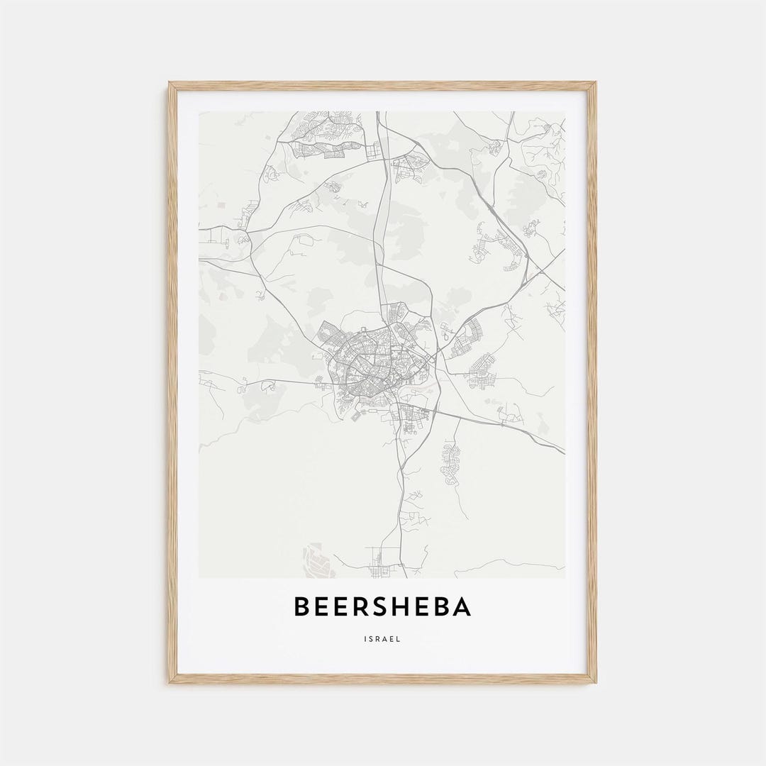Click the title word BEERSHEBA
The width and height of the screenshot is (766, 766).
382,607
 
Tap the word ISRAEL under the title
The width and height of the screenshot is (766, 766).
383,639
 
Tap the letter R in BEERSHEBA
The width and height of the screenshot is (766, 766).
361,607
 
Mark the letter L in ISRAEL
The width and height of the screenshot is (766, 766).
399,639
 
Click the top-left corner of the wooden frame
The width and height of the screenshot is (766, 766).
170,84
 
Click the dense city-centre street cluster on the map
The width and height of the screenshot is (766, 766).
372,362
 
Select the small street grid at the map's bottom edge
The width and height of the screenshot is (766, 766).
383,564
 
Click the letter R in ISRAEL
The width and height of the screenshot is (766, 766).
379,639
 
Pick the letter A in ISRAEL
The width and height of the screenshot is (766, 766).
386,639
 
